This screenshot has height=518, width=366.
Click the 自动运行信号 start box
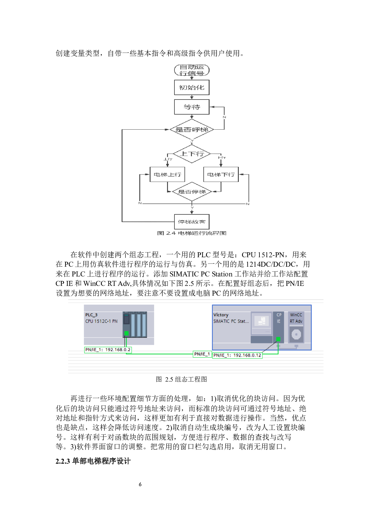tap(192, 70)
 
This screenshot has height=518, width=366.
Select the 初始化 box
tap(192, 87)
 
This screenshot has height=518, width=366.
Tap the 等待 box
tap(192, 107)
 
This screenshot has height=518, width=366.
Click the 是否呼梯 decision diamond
tap(192, 129)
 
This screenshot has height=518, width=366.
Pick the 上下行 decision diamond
tap(192, 154)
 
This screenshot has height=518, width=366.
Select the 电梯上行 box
tap(167, 175)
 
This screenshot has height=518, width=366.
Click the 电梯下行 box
tap(221, 175)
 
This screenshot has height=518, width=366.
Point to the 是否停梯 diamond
tap(192, 192)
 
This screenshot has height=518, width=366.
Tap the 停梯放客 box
tap(192, 222)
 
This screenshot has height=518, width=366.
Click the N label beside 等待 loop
tap(224, 117)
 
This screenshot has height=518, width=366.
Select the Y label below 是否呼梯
tap(192, 141)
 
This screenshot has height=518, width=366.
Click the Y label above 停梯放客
tap(192, 208)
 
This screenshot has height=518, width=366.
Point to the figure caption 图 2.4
tap(192, 233)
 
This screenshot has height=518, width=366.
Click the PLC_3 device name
tap(91, 315)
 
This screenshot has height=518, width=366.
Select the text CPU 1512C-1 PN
tap(101, 321)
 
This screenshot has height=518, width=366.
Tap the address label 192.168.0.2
tap(108, 350)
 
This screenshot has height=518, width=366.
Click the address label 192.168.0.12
tap(237, 355)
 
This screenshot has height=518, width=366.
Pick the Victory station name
tap(221, 315)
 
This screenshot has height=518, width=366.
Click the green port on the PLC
tap(126, 333)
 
